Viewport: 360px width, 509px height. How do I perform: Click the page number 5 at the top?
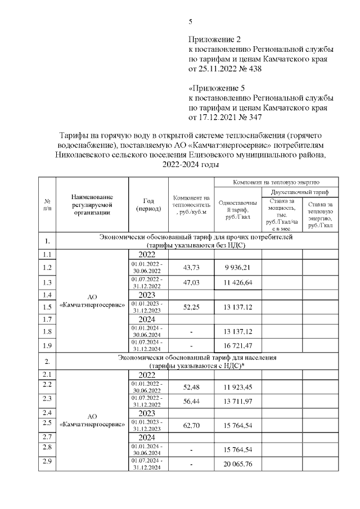[x=191, y=22]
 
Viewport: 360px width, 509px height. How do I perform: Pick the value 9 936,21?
[x=238, y=268]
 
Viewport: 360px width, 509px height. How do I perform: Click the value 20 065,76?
[x=238, y=464]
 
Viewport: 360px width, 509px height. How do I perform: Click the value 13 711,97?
[x=238, y=403]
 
